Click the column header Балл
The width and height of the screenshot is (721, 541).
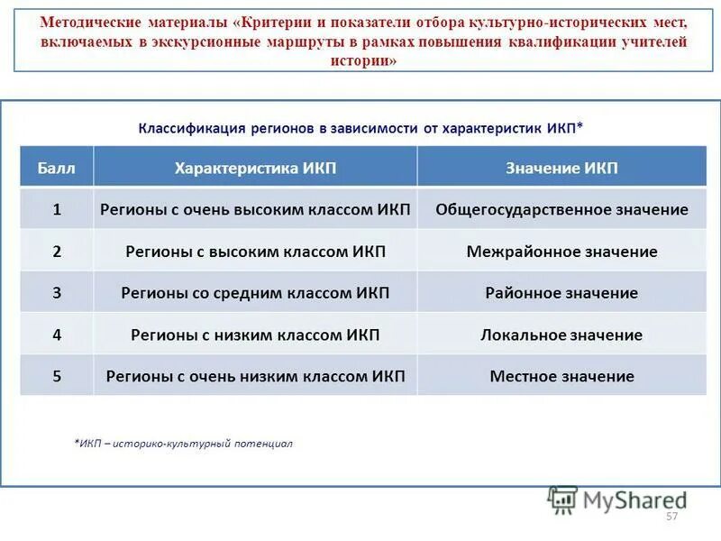click(x=57, y=169)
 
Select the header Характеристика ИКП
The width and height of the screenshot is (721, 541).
click(x=255, y=169)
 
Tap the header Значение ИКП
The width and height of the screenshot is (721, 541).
click(x=561, y=169)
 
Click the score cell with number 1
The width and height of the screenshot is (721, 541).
click(x=57, y=209)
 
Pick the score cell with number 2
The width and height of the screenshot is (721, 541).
click(x=57, y=252)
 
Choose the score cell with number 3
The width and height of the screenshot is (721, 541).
click(x=57, y=293)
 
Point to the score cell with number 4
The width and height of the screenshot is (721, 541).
click(x=57, y=335)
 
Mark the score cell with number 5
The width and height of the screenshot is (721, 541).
click(x=57, y=376)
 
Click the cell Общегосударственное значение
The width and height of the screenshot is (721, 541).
click(x=561, y=209)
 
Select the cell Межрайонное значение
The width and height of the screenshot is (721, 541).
click(x=561, y=252)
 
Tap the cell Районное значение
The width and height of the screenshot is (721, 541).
click(x=561, y=293)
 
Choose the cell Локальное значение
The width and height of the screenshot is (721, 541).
click(x=561, y=335)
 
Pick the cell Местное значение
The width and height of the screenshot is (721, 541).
click(x=561, y=376)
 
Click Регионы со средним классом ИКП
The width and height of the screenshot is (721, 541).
click(x=255, y=293)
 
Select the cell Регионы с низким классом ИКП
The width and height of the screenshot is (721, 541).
click(x=255, y=335)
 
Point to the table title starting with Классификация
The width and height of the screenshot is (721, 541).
click(x=360, y=128)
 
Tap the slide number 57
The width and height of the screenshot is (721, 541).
click(x=671, y=517)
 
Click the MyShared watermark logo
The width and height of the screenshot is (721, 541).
click(x=617, y=499)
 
